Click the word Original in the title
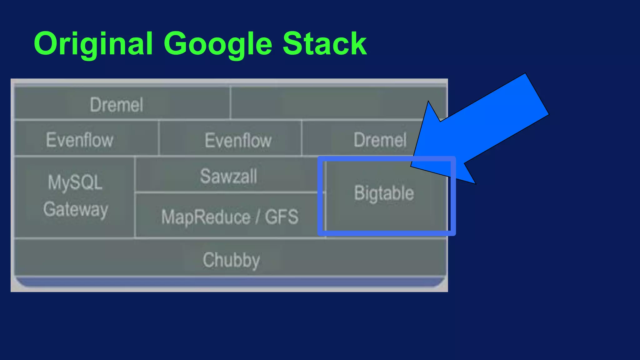[93, 44]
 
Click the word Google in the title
[218, 44]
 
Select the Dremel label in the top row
[117, 105]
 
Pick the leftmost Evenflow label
[80, 140]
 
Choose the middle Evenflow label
[238, 140]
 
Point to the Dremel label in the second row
[380, 140]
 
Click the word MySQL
[75, 182]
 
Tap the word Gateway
[76, 209]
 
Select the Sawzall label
[228, 176]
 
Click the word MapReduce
[206, 217]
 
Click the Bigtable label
[384, 193]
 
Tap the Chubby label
[231, 260]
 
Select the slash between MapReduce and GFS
[257, 217]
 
